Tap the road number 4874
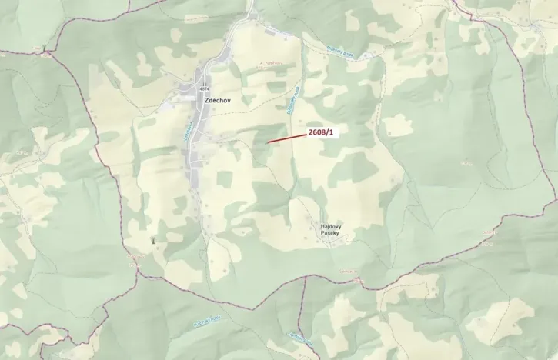point(203,89)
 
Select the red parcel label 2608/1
point(321,132)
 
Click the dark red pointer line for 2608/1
point(286,138)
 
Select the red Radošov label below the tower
point(135,258)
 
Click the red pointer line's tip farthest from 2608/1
point(268,142)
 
